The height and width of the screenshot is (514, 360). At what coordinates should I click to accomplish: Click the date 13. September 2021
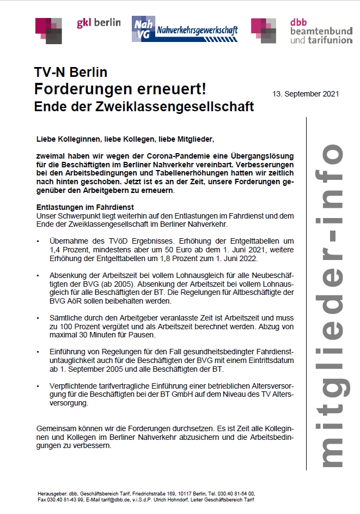306,93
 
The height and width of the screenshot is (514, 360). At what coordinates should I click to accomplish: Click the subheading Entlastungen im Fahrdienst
85,208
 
